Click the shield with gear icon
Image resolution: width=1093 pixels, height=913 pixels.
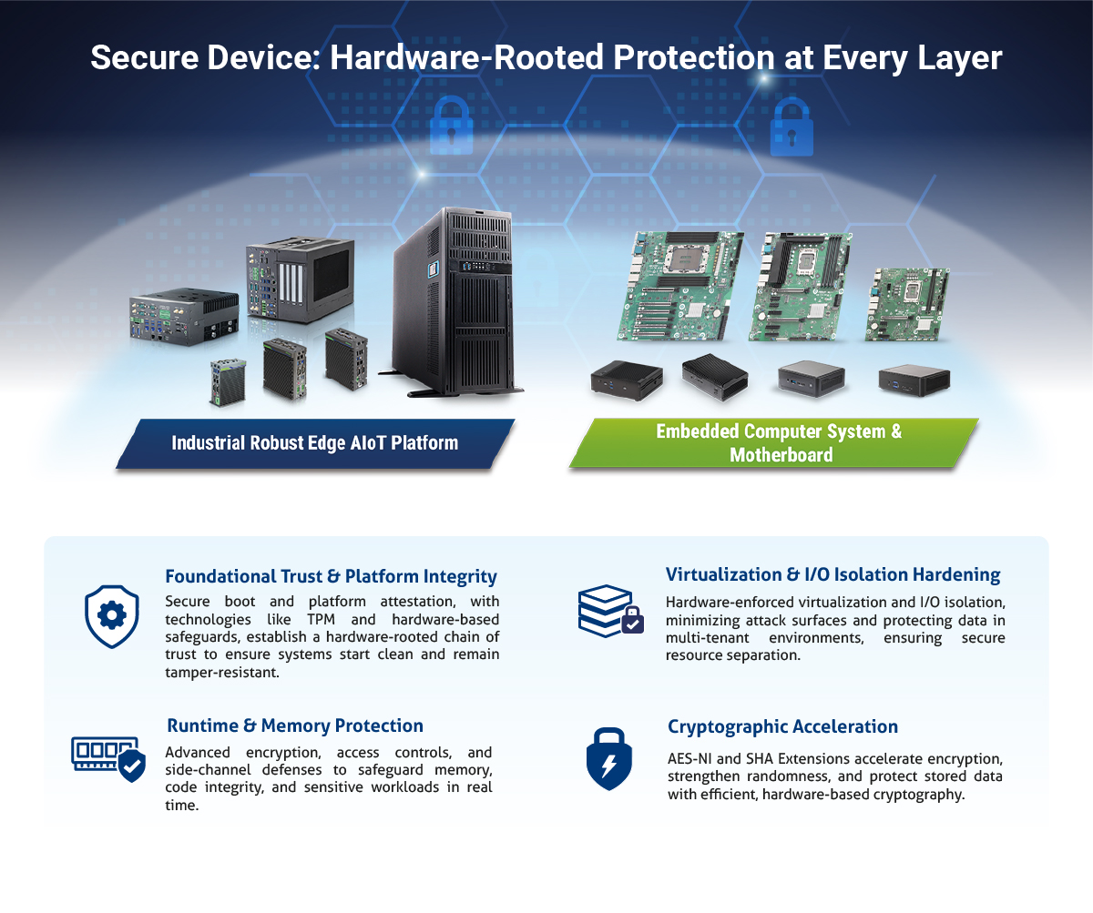tap(111, 616)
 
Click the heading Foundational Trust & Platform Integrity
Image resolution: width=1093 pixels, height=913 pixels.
tap(331, 576)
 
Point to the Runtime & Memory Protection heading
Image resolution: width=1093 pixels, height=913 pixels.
tap(295, 725)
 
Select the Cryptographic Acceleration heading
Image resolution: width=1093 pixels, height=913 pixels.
tap(782, 726)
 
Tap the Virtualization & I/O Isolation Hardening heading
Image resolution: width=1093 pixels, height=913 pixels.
tap(833, 574)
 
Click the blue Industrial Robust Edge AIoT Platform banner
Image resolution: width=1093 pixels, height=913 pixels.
tap(315, 443)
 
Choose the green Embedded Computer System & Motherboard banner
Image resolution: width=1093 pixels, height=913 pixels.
tap(779, 443)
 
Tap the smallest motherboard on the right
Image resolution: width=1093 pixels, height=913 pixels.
tap(906, 304)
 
